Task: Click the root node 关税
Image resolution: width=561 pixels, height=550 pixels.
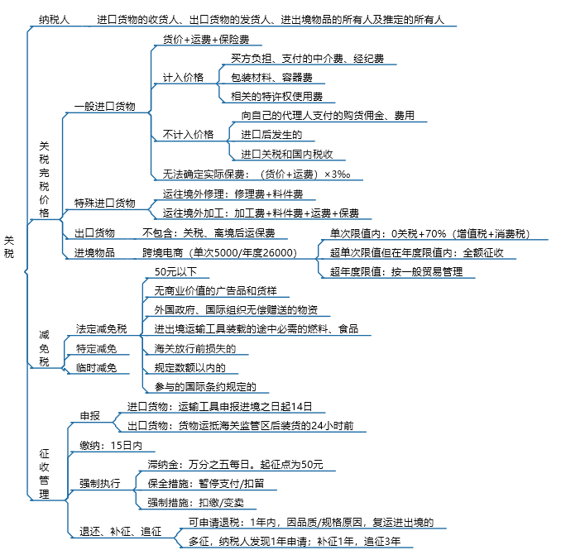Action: tap(9, 246)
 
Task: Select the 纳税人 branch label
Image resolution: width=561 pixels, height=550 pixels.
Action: tap(55, 19)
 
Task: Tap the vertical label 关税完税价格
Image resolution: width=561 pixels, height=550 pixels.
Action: tap(44, 179)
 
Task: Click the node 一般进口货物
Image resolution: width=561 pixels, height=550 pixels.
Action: tap(104, 106)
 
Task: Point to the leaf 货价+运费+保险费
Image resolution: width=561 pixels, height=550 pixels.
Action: tap(206, 39)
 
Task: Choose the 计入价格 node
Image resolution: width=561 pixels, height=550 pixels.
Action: tap(183, 77)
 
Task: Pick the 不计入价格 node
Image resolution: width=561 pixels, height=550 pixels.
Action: tap(188, 135)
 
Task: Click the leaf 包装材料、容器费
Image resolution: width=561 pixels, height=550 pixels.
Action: tap(271, 77)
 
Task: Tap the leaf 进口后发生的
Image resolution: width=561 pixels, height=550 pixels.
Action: tap(271, 135)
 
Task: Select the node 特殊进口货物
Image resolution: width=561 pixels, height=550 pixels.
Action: tap(104, 203)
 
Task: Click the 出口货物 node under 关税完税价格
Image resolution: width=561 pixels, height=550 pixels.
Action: tap(94, 233)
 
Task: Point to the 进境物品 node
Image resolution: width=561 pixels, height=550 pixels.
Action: tap(94, 253)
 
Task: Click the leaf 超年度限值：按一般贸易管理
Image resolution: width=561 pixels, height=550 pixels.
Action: tap(396, 272)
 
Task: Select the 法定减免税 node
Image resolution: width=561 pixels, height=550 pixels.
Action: tap(101, 328)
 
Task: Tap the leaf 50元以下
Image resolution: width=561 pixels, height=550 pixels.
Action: tap(175, 272)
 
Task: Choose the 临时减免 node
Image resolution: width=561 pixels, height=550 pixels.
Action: tap(96, 367)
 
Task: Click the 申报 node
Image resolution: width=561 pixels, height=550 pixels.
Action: tap(90, 416)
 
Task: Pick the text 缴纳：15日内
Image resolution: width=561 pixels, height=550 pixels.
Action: tap(111, 445)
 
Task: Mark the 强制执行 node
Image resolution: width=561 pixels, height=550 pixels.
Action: tap(100, 484)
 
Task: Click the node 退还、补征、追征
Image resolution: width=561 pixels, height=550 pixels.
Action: tap(120, 532)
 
